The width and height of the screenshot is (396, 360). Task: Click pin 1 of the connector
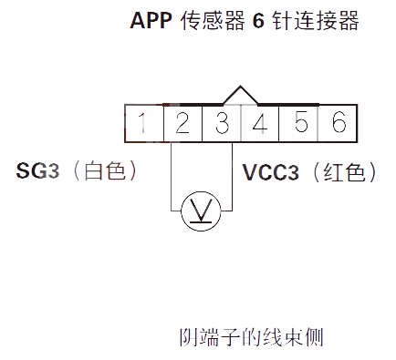143,121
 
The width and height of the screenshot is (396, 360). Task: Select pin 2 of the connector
182,121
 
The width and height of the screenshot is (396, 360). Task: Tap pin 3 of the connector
221,121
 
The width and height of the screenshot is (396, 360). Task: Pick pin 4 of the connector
260,121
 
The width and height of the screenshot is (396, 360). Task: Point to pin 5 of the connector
299,121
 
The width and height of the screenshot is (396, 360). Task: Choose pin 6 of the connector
338,121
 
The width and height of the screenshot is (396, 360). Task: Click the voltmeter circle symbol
196,211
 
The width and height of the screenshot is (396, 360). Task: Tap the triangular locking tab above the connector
240,96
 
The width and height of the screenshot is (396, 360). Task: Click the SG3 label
38,170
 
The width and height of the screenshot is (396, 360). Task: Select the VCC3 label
271,170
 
